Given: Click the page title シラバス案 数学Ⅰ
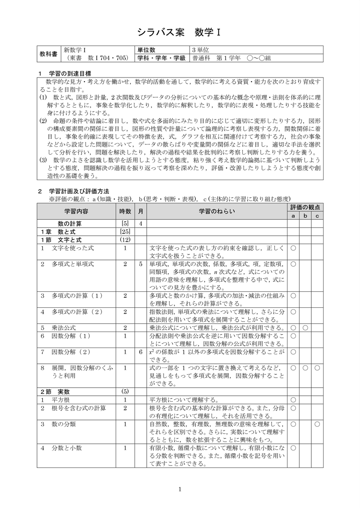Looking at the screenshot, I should click(179, 33).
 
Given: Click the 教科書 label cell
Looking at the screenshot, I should click(48, 54).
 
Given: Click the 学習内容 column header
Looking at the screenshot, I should click(76, 211).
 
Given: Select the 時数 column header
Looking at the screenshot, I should click(125, 211).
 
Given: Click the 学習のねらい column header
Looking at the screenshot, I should click(216, 211).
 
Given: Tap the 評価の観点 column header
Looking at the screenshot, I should click(305, 207).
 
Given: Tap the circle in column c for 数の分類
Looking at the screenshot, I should click(317, 424).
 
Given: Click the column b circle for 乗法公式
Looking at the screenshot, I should click(305, 328).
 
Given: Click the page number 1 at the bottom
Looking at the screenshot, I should click(180, 491).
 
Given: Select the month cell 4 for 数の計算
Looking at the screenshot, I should click(141, 223).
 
